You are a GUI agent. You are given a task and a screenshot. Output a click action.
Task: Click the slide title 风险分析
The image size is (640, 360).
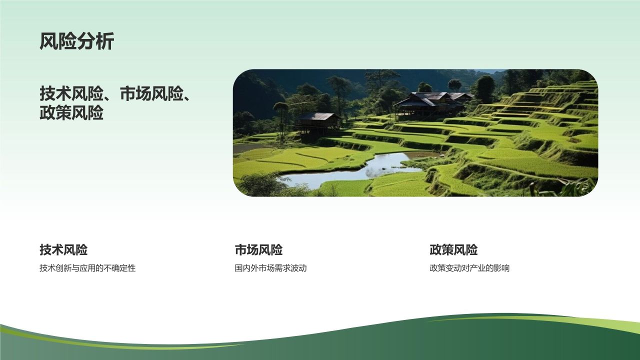pyautogui.click(x=77, y=41)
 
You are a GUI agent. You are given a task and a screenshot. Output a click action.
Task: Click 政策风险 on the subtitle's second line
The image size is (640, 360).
pyautogui.click(x=71, y=113)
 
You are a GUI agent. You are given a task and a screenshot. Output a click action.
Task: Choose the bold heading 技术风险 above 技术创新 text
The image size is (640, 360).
pyautogui.click(x=63, y=249)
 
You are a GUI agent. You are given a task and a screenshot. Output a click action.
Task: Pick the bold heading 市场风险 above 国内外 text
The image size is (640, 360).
pyautogui.click(x=258, y=249)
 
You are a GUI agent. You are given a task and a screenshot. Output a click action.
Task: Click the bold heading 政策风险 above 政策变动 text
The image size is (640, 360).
pyautogui.click(x=453, y=249)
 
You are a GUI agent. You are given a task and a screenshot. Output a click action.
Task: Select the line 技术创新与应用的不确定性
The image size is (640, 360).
pyautogui.click(x=87, y=268)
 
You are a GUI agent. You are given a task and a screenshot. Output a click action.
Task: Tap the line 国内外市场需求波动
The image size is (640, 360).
pyautogui.click(x=270, y=268)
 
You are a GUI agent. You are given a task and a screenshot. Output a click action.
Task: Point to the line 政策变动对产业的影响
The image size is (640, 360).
pyautogui.click(x=469, y=268)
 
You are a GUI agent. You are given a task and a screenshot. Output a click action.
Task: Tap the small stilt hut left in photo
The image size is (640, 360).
pyautogui.click(x=318, y=121)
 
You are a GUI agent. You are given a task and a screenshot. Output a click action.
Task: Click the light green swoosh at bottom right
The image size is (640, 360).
pyautogui.click(x=575, y=321)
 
